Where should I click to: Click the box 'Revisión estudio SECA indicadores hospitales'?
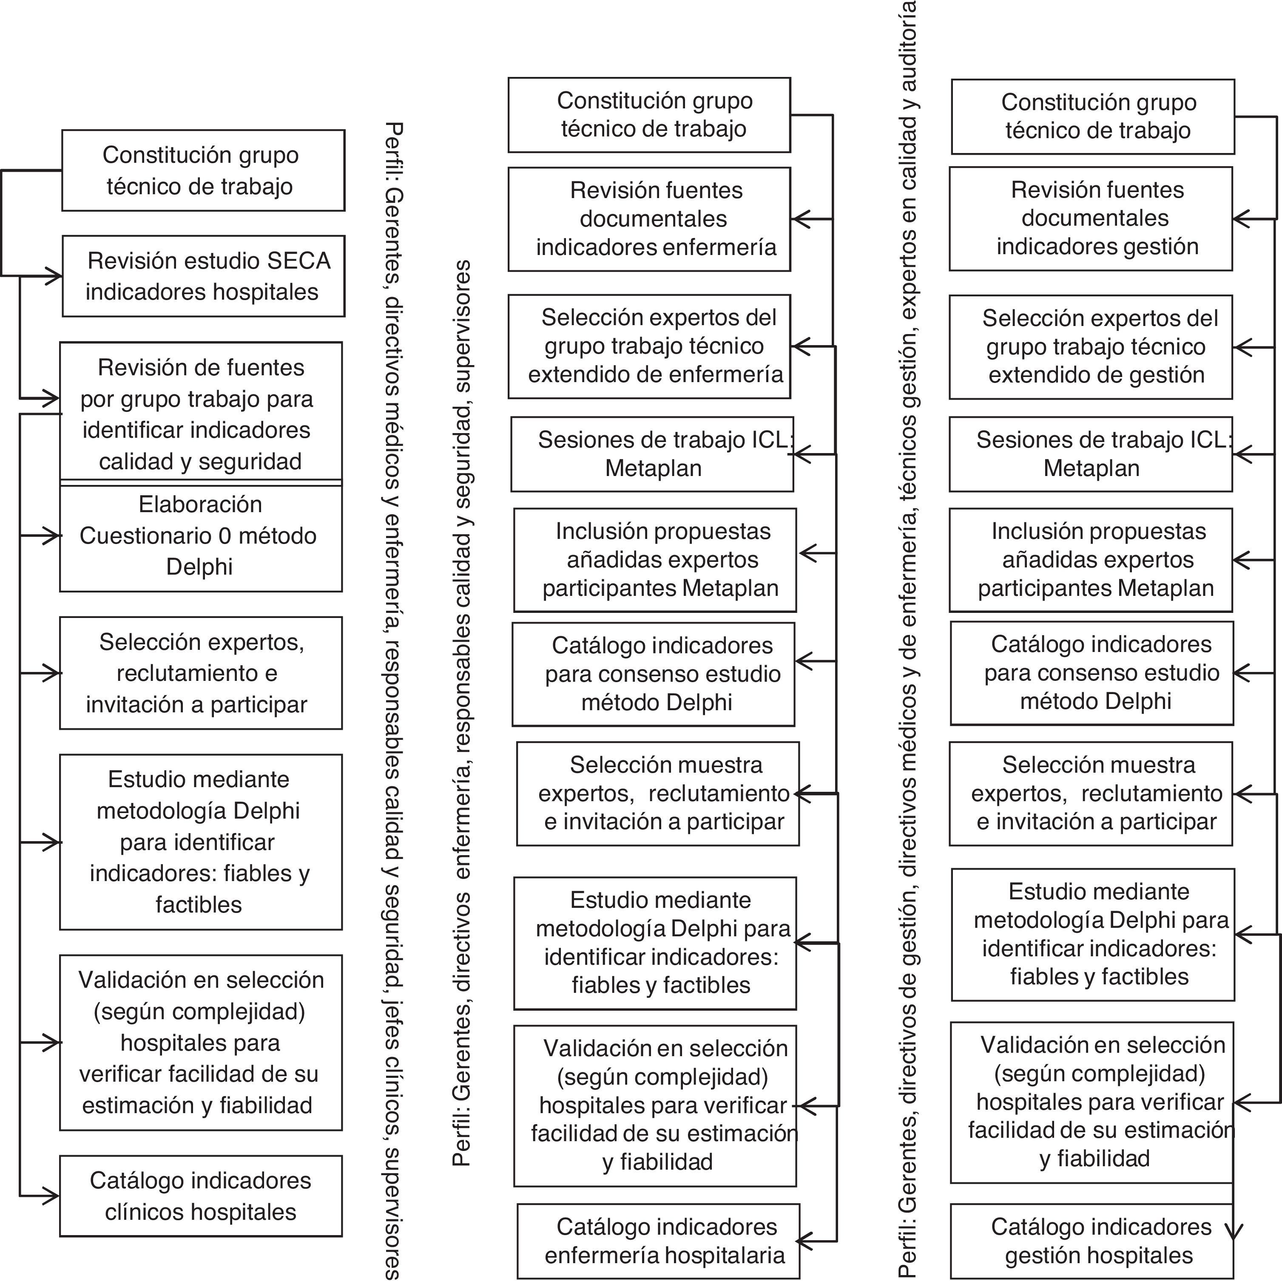click(203, 276)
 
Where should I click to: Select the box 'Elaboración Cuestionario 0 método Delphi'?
click(200, 536)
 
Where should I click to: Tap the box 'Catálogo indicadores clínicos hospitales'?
click(200, 1196)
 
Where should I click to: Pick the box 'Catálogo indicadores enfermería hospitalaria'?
click(658, 1241)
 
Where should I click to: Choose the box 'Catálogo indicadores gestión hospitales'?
click(1091, 1241)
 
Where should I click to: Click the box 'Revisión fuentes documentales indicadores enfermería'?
click(649, 219)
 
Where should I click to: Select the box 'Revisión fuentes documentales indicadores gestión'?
click(1090, 218)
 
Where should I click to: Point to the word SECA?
click(298, 261)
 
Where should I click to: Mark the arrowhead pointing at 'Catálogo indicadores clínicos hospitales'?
click(52, 1196)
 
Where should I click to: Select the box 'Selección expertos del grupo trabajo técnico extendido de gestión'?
click(1090, 346)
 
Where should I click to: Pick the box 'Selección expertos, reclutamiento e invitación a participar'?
click(200, 673)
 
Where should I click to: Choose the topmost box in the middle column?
click(649, 115)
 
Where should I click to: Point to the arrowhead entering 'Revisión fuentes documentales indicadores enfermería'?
click(799, 219)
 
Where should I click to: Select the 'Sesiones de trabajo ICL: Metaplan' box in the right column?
click(1090, 454)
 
